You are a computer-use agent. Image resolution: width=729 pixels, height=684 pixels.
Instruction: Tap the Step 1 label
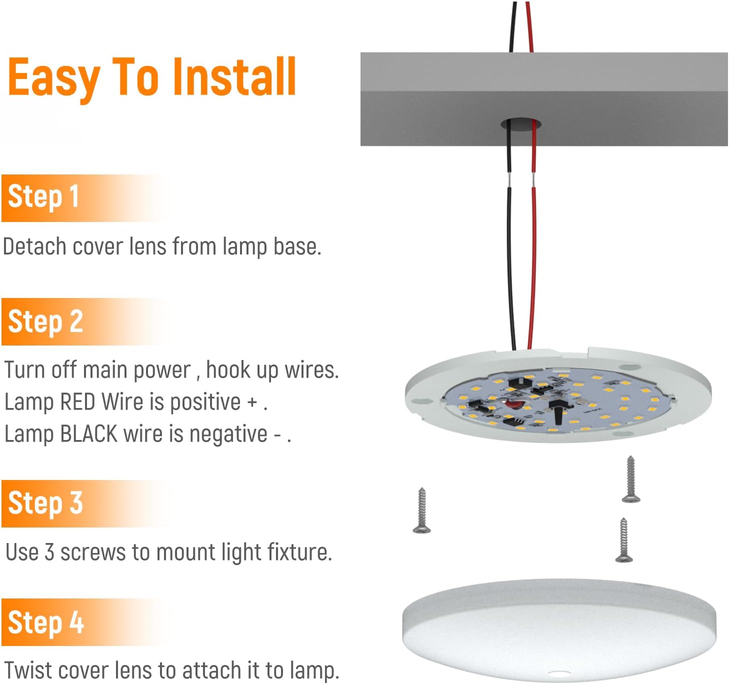coord(43,197)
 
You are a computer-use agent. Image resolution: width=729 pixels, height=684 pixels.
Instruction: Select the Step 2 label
coord(45,321)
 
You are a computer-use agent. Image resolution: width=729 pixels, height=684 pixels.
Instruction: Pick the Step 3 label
coord(45,503)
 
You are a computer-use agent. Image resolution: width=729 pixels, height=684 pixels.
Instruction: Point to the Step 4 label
coord(45,622)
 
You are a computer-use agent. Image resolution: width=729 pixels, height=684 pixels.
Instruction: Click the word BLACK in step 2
coord(88,433)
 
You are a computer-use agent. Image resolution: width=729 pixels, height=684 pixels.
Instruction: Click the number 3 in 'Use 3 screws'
coord(49,552)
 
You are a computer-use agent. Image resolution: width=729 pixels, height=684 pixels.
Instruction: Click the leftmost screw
coord(422,510)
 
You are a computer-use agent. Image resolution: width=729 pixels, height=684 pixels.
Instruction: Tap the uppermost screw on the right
coord(631,479)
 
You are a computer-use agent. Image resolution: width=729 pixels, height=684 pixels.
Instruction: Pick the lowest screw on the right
coord(624,540)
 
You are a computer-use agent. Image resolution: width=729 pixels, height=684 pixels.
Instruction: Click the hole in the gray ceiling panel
coord(521,124)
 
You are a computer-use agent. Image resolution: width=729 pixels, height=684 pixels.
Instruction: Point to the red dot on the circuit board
coord(510,404)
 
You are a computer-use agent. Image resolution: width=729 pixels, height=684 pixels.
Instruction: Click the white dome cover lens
coord(559,629)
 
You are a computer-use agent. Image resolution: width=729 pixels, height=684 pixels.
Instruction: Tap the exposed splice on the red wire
coord(533,180)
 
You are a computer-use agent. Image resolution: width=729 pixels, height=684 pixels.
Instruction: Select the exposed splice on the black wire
coord(509,180)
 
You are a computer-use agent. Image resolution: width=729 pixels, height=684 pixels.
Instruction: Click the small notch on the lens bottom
coord(558,673)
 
